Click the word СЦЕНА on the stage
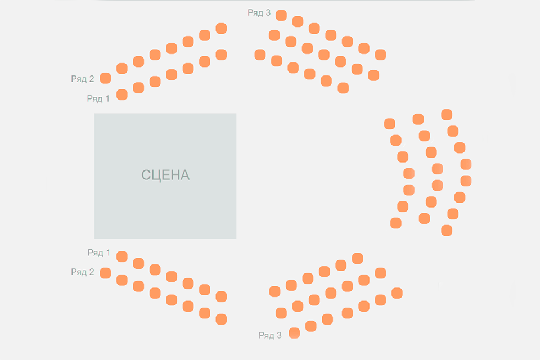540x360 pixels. (x=165, y=175)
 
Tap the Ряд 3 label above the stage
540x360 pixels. (x=259, y=12)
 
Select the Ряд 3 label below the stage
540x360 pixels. (x=270, y=335)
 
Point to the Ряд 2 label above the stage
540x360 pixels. (x=83, y=79)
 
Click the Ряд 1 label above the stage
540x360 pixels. (x=98, y=98)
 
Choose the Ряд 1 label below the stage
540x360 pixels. (x=99, y=253)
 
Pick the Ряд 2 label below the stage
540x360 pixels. (x=83, y=272)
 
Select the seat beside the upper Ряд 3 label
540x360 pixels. (x=281, y=15)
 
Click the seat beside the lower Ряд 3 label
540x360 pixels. (x=294, y=333)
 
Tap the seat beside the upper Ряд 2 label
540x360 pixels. (x=105, y=78)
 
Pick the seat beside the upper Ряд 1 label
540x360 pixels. (x=121, y=94)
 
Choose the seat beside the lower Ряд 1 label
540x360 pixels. (x=121, y=256)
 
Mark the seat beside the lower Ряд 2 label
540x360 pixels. (x=105, y=273)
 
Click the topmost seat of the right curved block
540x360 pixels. (x=447, y=115)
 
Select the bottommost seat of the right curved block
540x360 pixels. (x=447, y=230)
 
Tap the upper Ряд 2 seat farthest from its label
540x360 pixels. (x=221, y=29)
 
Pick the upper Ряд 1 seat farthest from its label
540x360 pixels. (x=221, y=55)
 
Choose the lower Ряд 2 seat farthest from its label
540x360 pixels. (x=221, y=319)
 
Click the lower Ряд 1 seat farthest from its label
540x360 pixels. (x=221, y=296)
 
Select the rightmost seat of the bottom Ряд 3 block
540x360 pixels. (x=397, y=293)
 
